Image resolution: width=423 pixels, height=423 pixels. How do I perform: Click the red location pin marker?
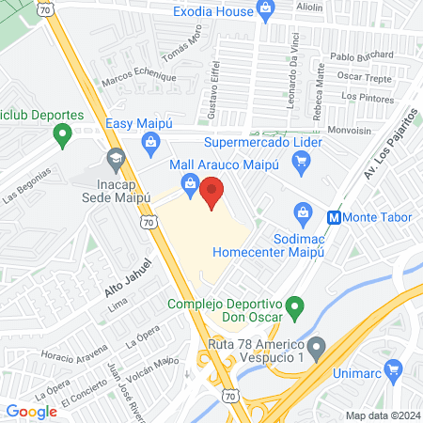click(x=212, y=193)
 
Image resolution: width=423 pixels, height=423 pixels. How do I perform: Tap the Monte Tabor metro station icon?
click(x=333, y=216)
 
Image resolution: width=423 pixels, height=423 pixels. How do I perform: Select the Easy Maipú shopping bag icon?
click(x=149, y=142)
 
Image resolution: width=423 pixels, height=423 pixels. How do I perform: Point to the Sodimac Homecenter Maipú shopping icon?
click(x=303, y=211)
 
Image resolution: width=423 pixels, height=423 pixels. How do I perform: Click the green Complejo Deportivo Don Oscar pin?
click(x=294, y=305)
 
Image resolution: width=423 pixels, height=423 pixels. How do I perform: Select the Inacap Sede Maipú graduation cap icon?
click(x=116, y=157)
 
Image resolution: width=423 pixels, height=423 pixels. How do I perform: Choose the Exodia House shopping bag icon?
click(x=266, y=11)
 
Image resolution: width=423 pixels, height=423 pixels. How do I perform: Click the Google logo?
click(x=32, y=411)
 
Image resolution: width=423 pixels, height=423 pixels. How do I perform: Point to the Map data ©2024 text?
click(x=381, y=415)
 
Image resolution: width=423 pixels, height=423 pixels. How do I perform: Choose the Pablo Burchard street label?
click(x=362, y=55)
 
